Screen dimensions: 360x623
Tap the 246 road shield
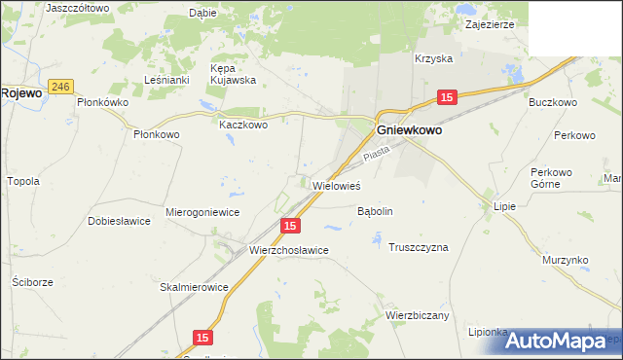coord(61,86)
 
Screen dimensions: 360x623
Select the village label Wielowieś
coord(337,184)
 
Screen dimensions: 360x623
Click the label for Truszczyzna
coord(418,247)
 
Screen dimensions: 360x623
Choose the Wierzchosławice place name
coord(289,250)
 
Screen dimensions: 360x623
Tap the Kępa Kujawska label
coord(233,74)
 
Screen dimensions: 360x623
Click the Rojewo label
coord(20,92)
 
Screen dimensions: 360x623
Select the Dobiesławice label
coord(119,221)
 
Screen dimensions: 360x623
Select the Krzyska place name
coord(433,58)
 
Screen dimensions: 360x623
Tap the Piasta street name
coord(375,154)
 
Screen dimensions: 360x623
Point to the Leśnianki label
coord(165,80)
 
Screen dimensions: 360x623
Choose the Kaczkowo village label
coord(242,125)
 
